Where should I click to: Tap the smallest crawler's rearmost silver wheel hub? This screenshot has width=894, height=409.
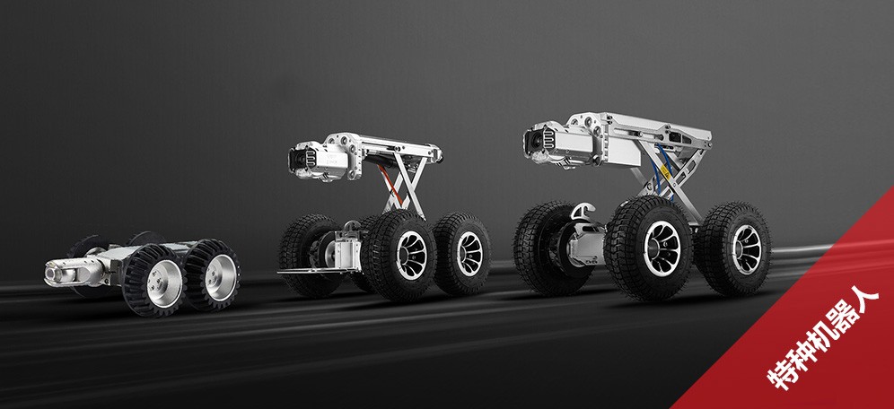[221, 277]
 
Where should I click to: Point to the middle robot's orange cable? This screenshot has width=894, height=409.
[395, 179]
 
